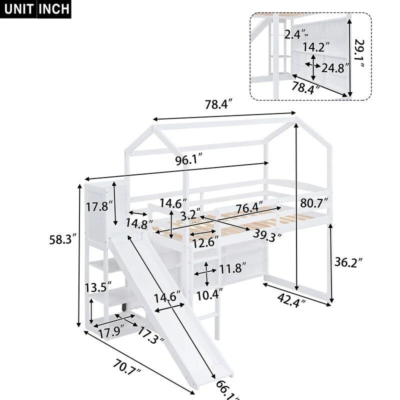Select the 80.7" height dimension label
[314, 203]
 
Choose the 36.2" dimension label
[346, 261]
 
